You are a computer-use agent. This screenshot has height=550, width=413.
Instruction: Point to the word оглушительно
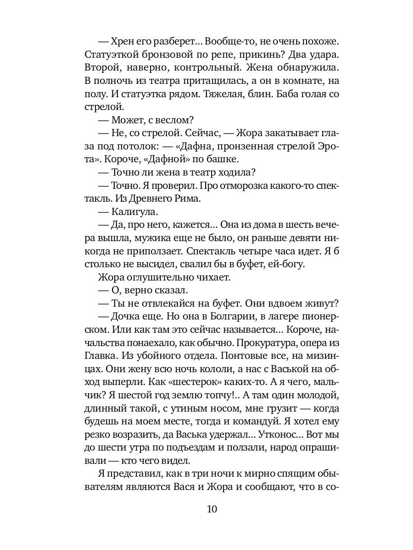159,277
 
